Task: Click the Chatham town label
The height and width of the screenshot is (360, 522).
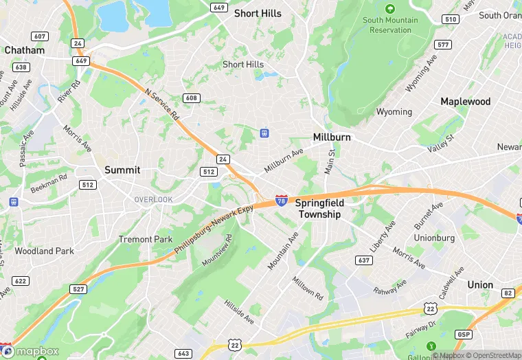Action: point(24,50)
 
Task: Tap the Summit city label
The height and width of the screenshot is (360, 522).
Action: point(122,170)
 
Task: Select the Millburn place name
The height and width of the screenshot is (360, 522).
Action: point(332,137)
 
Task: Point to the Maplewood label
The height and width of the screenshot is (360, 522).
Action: point(466,102)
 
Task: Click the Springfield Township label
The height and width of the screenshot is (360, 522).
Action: point(319,209)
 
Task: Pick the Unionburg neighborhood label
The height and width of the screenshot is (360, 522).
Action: point(434,238)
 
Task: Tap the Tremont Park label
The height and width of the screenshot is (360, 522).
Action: point(146,239)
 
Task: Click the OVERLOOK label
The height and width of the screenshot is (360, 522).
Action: point(153,199)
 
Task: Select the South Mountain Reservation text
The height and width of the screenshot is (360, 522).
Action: point(390,25)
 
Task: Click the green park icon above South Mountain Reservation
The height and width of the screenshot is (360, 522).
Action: point(390,9)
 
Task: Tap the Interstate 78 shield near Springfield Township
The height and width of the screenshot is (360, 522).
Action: point(282,200)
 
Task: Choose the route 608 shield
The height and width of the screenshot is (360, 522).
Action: point(191,98)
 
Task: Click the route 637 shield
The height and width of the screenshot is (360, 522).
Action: point(364,260)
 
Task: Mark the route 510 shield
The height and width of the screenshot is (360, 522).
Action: point(451,19)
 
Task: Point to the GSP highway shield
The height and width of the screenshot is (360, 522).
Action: point(463,334)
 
